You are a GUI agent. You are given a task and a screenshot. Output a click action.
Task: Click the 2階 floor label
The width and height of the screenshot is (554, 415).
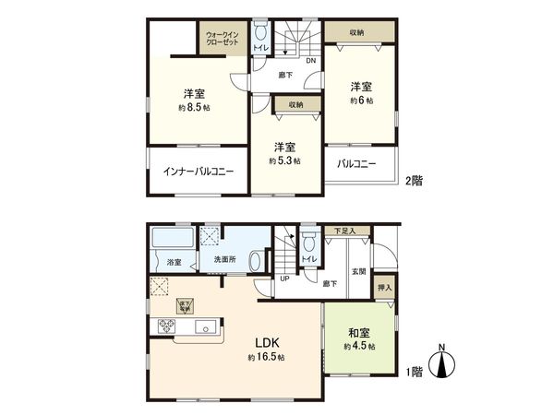pyautogui.click(x=413, y=182)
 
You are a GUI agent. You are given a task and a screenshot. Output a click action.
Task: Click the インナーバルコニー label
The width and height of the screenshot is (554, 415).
pyautogui.click(x=198, y=172)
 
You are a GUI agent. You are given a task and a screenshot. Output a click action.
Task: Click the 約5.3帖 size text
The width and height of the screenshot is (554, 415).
pyautogui.click(x=284, y=160)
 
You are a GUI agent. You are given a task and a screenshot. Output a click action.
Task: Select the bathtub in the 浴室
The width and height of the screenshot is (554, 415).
pyautogui.click(x=173, y=245)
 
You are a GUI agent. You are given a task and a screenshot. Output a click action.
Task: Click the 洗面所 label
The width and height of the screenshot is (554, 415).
pyautogui.click(x=225, y=261)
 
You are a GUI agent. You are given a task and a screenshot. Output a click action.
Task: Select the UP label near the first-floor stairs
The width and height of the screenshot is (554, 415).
pyautogui.click(x=283, y=279)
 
